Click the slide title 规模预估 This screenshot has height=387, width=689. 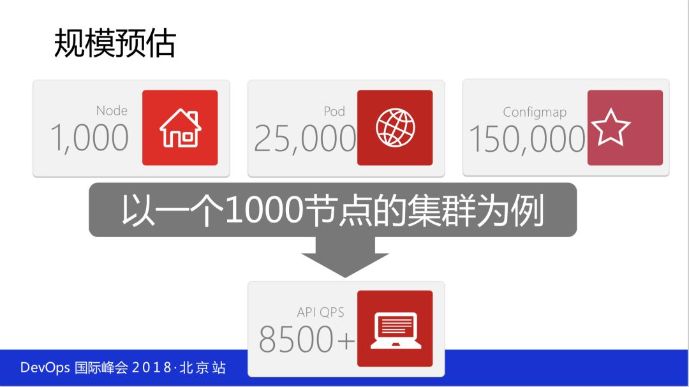click(x=115, y=43)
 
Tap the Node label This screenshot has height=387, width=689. click(x=112, y=110)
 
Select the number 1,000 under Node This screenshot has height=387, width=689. click(x=90, y=138)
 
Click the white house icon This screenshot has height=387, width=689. click(x=180, y=128)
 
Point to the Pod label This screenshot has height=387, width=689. click(x=334, y=111)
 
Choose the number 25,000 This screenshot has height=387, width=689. click(x=306, y=139)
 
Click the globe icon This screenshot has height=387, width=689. click(x=395, y=128)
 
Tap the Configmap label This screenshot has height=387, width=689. click(x=535, y=112)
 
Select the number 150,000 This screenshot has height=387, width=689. click(x=528, y=140)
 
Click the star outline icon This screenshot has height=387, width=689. click(x=610, y=128)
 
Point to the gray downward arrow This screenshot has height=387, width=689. click(x=345, y=256)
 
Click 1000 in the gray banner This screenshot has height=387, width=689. click(x=264, y=210)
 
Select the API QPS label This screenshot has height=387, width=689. click(x=320, y=312)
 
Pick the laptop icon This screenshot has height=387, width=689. click(x=396, y=330)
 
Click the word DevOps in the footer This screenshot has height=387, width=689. click(x=45, y=367)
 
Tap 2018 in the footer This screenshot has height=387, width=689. click(x=152, y=367)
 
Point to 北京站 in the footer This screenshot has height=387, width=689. click(x=203, y=367)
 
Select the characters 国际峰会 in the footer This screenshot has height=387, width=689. click(x=101, y=367)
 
